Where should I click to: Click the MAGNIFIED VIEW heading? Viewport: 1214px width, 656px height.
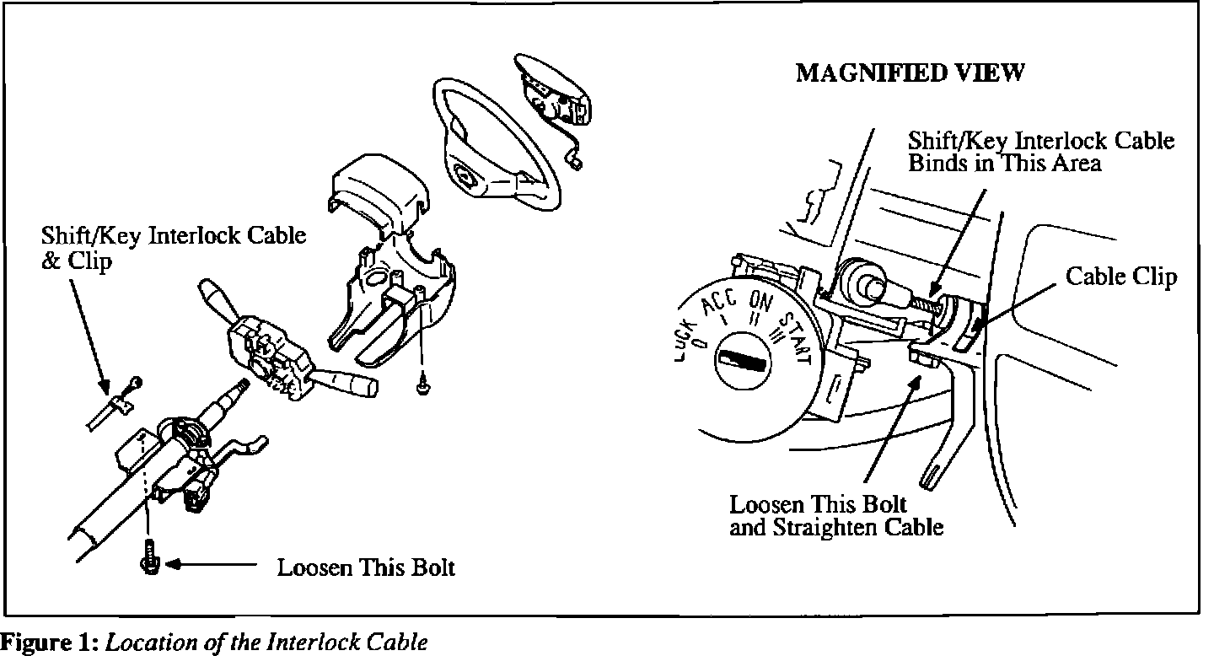(x=910, y=73)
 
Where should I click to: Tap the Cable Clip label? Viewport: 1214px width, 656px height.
(x=1121, y=277)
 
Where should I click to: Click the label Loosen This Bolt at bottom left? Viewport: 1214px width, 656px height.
(x=366, y=567)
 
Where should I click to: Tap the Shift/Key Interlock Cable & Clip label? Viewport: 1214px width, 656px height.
(x=173, y=247)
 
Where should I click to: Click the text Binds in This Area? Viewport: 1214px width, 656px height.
(x=1004, y=163)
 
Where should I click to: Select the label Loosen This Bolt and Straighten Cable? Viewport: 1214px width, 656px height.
(x=835, y=516)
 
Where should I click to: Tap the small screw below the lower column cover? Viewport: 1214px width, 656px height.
(x=422, y=385)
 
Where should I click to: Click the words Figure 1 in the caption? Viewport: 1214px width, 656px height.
(x=50, y=643)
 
